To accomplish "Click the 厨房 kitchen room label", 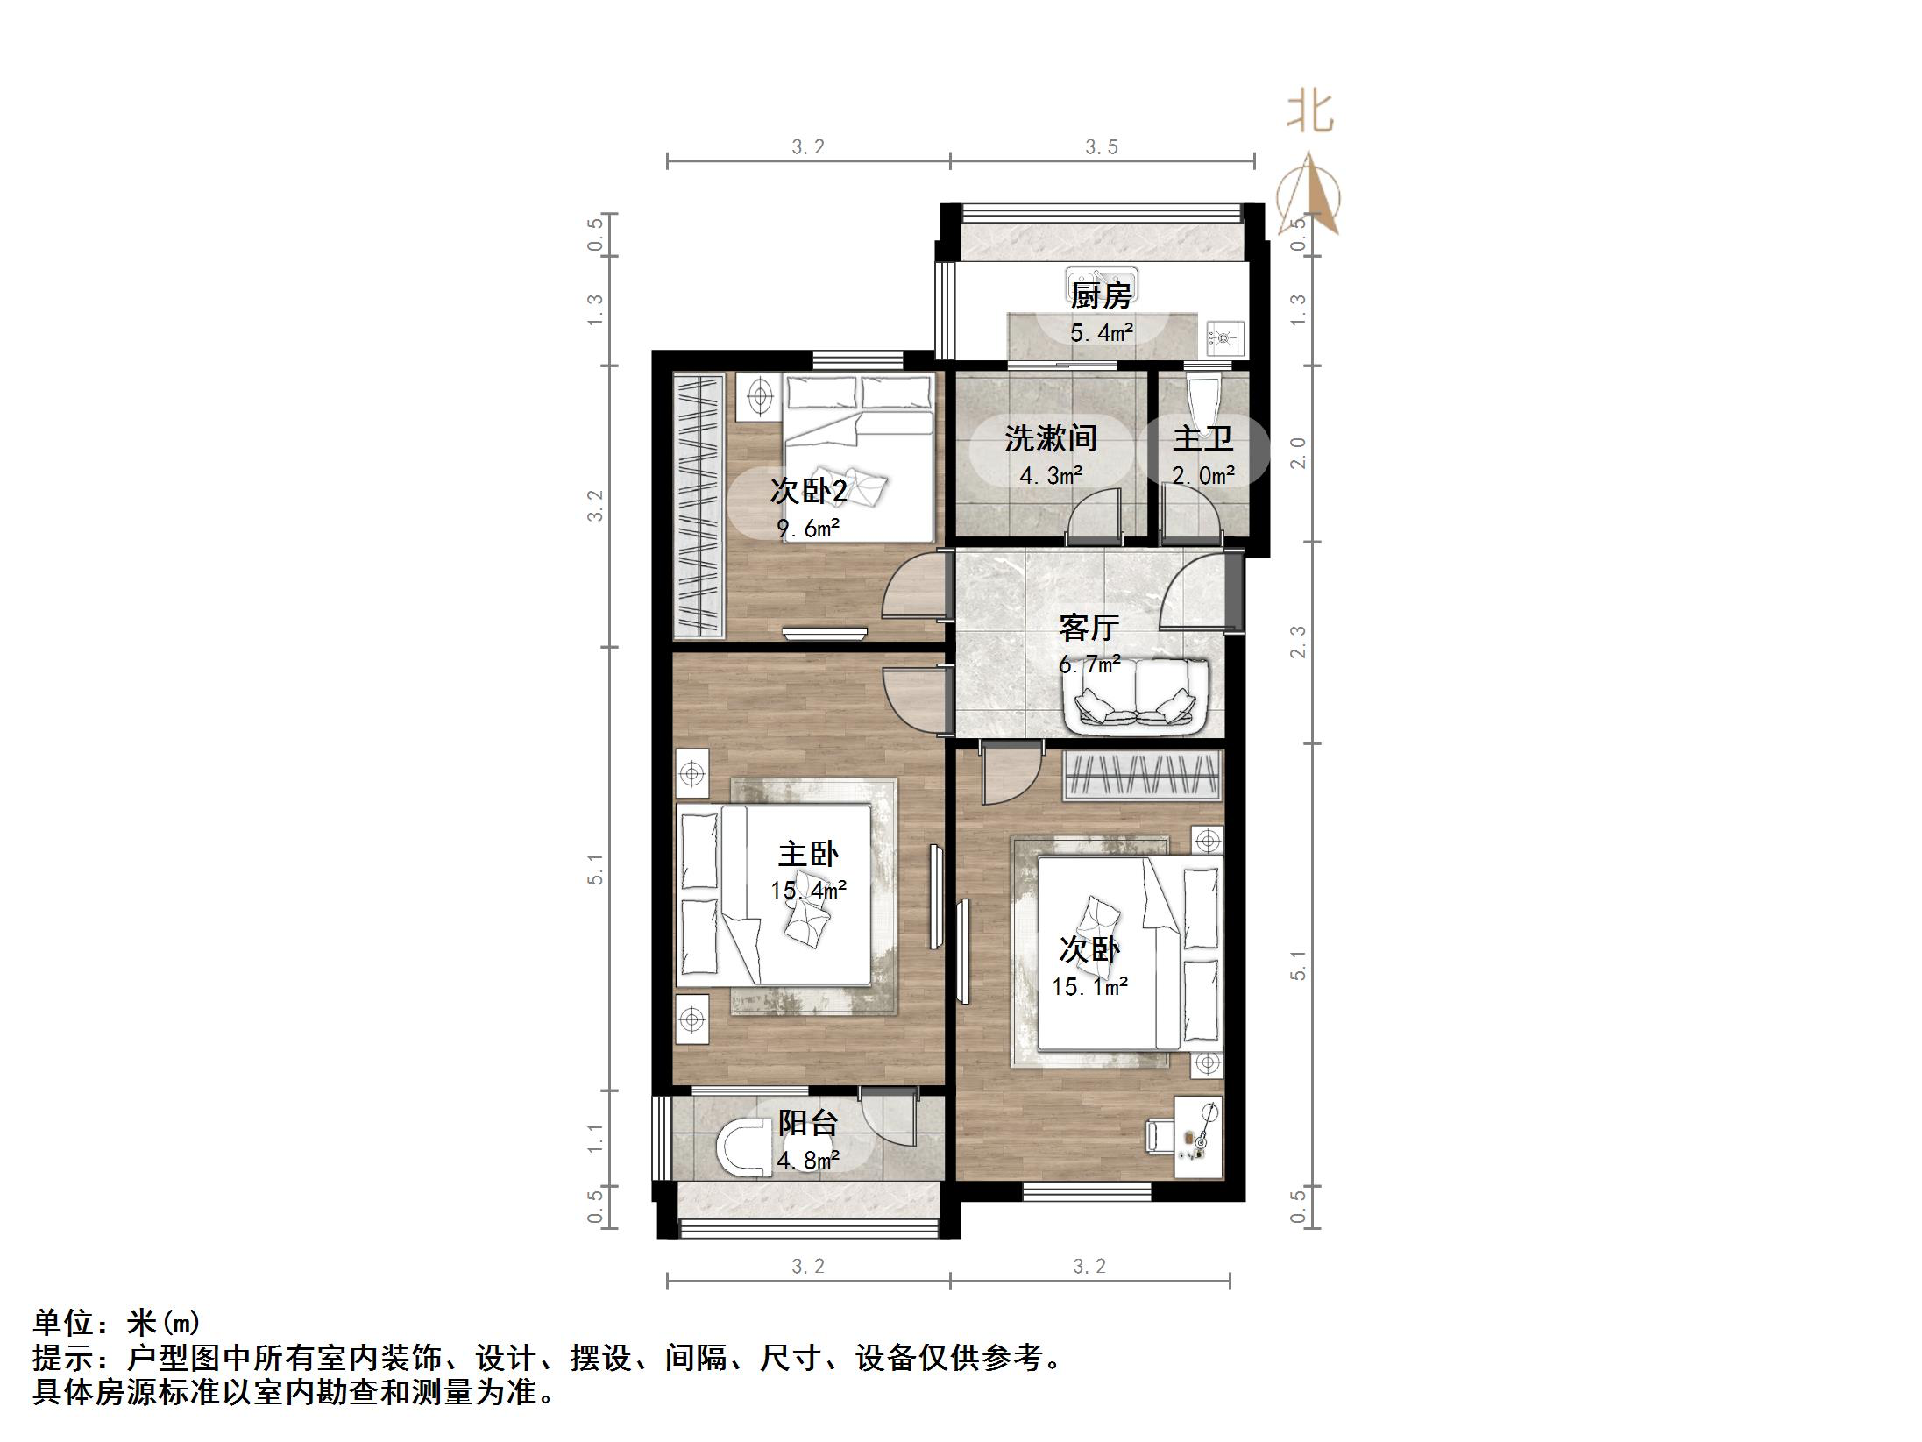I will (x=1101, y=295).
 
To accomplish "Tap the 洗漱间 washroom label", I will (x=1050, y=437).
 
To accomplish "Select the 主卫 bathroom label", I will (x=1202, y=437).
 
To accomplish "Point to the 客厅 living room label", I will (x=1089, y=628).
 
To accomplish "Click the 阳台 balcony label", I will (x=808, y=1123).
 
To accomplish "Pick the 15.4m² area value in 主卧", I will (x=808, y=891).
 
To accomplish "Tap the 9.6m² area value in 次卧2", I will (x=808, y=529).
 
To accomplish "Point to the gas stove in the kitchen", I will (x=1224, y=335).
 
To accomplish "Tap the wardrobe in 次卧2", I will (x=698, y=506).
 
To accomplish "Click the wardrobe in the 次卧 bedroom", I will (x=1142, y=775).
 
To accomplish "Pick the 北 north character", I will (x=1309, y=113).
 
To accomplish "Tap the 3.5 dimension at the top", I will (x=1102, y=147).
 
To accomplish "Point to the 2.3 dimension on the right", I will (x=1298, y=642).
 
